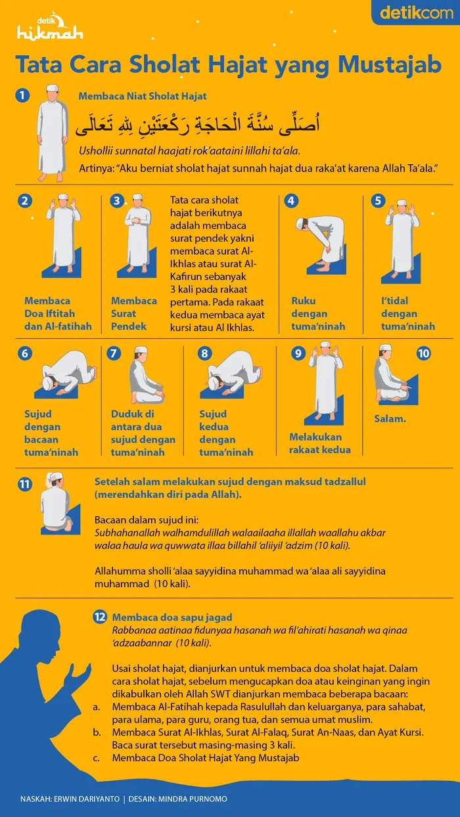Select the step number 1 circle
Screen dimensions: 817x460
(x=24, y=96)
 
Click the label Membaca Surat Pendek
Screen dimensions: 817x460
(x=134, y=313)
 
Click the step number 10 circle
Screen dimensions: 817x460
(x=424, y=353)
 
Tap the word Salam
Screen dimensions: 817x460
(x=390, y=418)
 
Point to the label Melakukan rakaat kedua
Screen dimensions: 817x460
(x=320, y=443)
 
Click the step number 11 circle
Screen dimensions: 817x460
(x=25, y=485)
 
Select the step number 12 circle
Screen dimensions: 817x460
(x=100, y=617)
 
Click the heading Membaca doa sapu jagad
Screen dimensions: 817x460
(x=172, y=617)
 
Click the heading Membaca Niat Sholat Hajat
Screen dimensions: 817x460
(x=143, y=96)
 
